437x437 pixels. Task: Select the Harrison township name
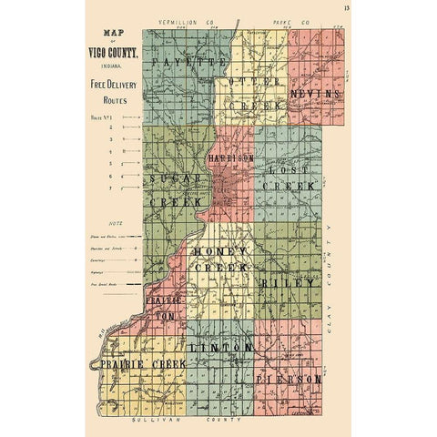click(x=231, y=158)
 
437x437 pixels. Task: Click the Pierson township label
click(x=288, y=377)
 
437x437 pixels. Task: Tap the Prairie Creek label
click(x=144, y=363)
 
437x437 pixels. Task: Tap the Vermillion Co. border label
click(x=185, y=18)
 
